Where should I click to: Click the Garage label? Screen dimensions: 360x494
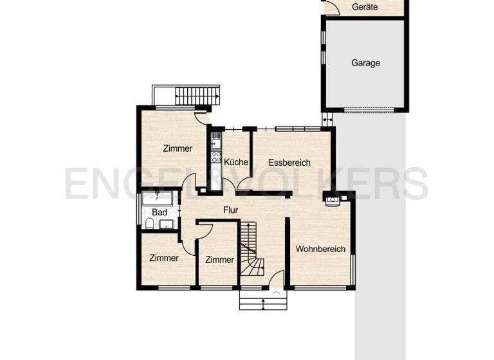click(365, 63)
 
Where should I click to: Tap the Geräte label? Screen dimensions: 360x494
click(365, 7)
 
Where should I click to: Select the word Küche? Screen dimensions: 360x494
click(236, 163)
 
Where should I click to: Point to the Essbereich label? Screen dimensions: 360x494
click(289, 163)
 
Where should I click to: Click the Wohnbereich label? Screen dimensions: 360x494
click(320, 249)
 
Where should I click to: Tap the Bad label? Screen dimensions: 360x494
click(160, 212)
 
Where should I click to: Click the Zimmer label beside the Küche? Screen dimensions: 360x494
click(178, 148)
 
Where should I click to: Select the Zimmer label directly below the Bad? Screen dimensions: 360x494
click(163, 258)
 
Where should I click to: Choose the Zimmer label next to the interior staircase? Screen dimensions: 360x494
click(219, 260)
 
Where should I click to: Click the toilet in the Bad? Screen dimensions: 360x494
click(149, 224)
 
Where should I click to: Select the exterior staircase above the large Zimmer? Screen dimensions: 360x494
click(197, 96)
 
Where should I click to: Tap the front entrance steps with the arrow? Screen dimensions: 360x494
click(262, 300)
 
